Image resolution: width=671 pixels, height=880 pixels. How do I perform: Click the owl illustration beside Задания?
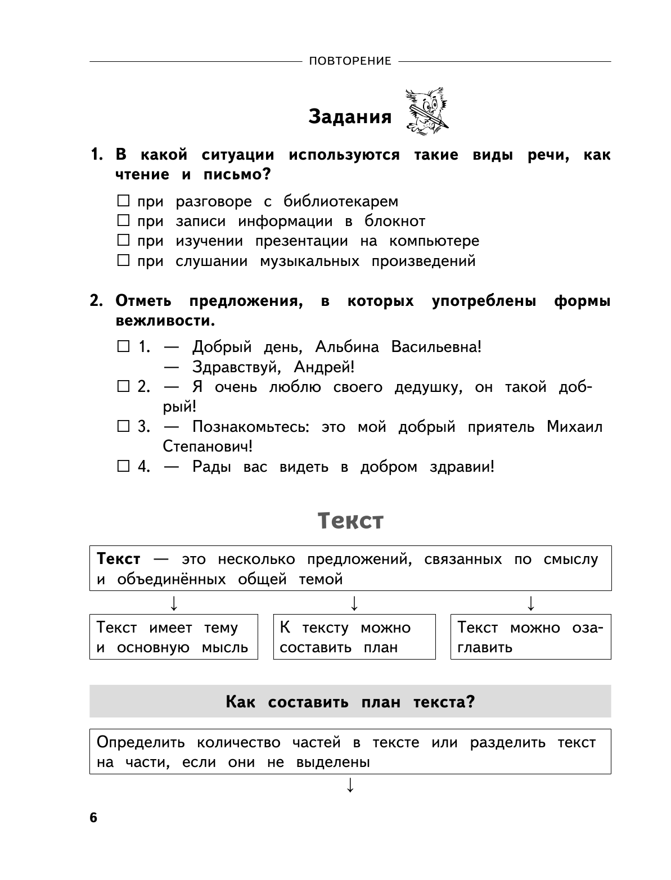426,111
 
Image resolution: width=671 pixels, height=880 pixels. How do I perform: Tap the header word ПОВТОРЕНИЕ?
350,61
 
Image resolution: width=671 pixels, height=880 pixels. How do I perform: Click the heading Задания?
350,117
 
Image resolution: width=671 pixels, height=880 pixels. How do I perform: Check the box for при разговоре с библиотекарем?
123,201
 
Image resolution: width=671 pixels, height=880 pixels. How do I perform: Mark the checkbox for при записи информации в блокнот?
123,220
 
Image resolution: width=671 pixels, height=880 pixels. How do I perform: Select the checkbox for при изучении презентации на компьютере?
123,241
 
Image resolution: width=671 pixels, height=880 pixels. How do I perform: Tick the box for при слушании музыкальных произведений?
123,260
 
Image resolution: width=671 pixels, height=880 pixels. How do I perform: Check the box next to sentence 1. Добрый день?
123,346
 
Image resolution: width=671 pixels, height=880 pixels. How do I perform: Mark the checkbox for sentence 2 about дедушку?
123,386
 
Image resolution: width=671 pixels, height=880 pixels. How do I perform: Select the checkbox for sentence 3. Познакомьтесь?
123,426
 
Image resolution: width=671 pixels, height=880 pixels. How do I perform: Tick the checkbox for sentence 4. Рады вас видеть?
123,466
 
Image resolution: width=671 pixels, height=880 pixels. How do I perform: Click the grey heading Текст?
350,521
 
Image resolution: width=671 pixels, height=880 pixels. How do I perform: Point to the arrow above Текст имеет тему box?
174,603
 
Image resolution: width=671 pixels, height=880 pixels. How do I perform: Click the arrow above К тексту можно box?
354,603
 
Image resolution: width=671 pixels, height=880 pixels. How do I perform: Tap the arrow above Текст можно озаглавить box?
530,603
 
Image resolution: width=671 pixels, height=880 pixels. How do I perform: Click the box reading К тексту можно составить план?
354,637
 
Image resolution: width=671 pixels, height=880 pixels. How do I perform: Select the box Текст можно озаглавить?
530,637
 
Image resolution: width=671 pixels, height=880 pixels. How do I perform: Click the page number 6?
93,818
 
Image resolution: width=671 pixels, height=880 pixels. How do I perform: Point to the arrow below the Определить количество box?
350,786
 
